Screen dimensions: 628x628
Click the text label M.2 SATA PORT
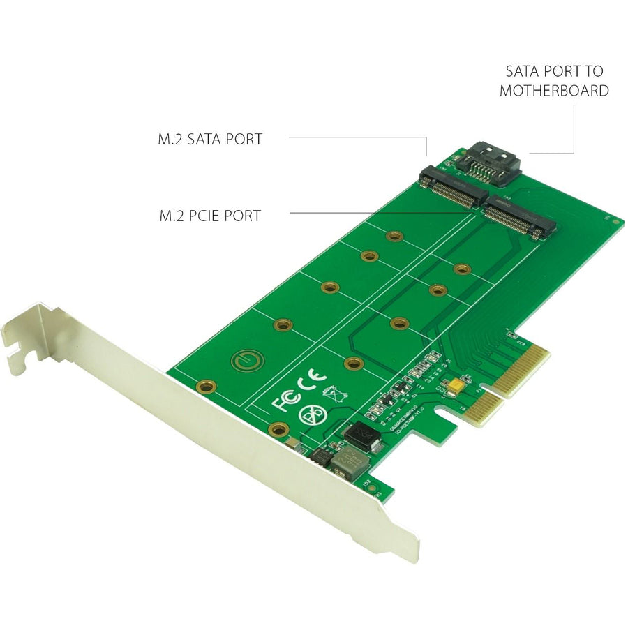pyautogui.click(x=210, y=139)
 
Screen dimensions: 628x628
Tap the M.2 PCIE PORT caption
pyautogui.click(x=209, y=216)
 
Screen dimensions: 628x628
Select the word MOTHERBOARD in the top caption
pyautogui.click(x=554, y=91)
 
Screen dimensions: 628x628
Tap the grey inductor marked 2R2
pyautogui.click(x=349, y=461)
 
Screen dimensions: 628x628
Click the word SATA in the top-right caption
pyautogui.click(x=523, y=71)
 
